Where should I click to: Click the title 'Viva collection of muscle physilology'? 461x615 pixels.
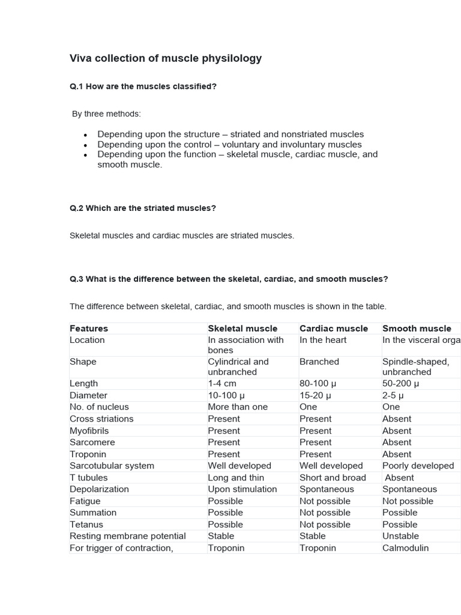tap(166, 58)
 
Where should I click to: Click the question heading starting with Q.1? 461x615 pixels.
tap(143, 86)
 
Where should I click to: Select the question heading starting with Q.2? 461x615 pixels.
tap(143, 208)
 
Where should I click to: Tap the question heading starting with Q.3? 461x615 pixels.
tap(229, 279)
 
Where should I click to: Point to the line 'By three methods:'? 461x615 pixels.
tap(106, 114)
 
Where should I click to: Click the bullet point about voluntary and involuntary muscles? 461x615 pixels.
tap(229, 144)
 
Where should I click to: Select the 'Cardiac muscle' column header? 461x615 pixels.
tap(334, 329)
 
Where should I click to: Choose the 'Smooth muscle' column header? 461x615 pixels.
tap(417, 329)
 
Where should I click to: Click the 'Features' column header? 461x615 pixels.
tap(89, 329)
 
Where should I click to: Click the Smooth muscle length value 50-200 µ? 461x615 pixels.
tap(400, 383)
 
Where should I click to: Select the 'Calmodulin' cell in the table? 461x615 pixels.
tap(405, 548)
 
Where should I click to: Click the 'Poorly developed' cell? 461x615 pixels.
tap(418, 465)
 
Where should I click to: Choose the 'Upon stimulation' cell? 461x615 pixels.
tap(243, 489)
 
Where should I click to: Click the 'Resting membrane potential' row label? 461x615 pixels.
tap(128, 536)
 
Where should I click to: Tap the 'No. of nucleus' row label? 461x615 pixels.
tap(99, 407)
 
